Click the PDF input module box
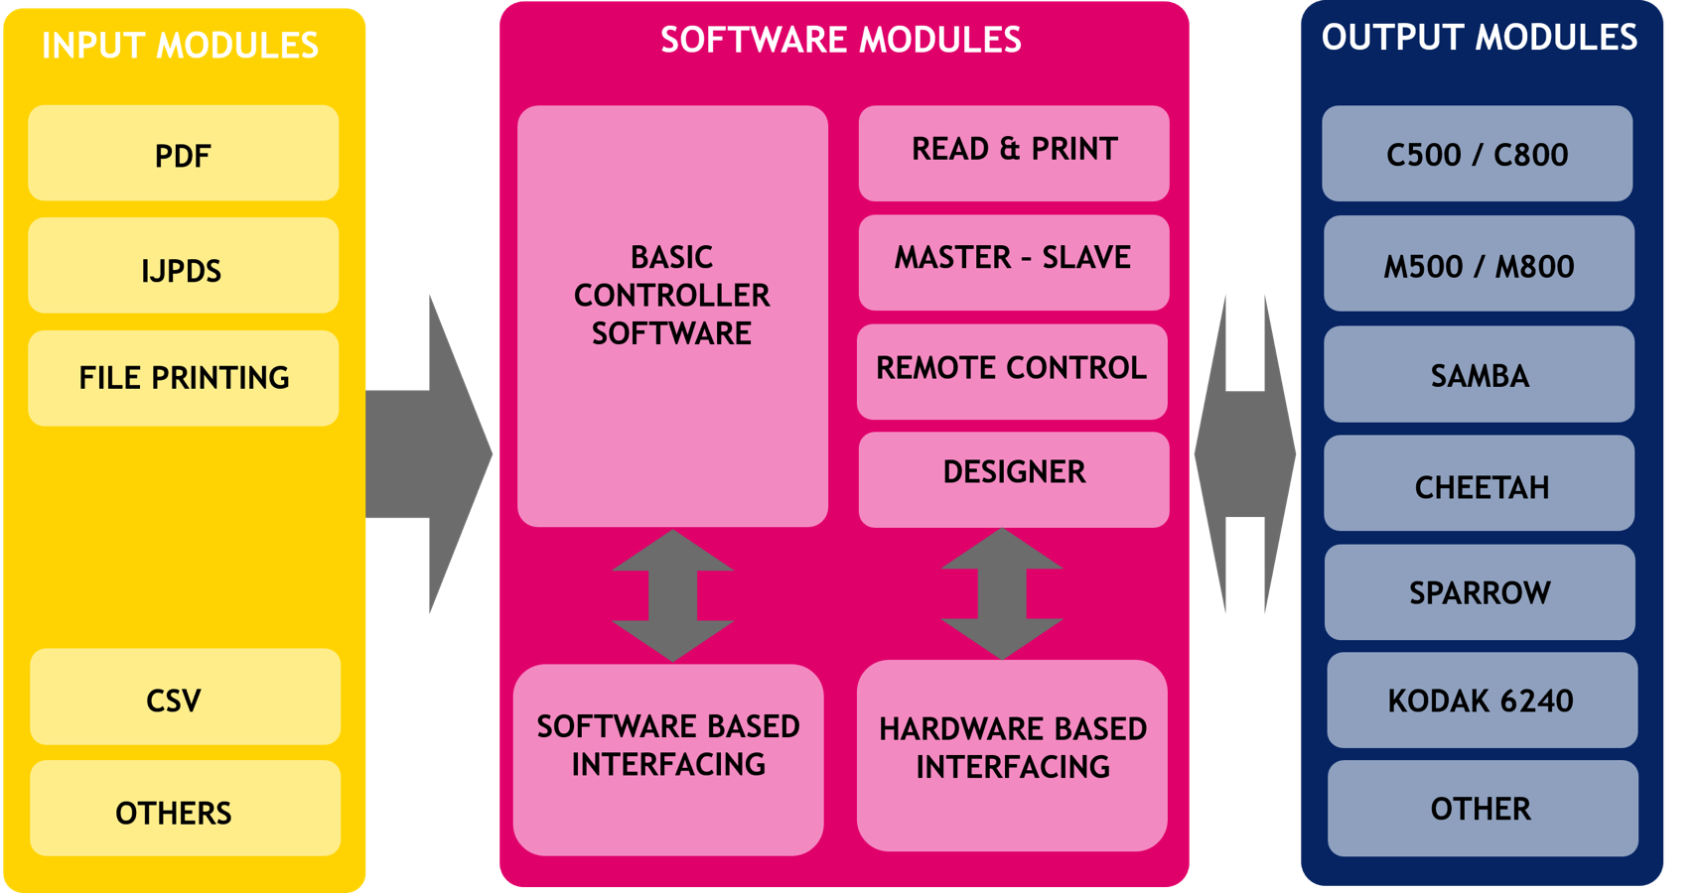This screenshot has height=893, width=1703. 184,154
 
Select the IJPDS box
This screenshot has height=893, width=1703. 184,267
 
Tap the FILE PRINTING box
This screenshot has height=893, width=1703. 184,378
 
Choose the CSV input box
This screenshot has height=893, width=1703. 185,698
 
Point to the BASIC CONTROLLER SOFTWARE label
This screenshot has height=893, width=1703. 672,296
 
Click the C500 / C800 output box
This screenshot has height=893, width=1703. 1477,154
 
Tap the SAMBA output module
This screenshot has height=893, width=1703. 1479,374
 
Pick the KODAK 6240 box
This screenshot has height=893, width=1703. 1482,700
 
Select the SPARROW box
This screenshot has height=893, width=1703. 1480,591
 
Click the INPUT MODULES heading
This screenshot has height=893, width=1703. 180,46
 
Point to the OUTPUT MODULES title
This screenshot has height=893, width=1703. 1479,38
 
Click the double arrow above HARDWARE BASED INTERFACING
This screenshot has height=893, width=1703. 1002,593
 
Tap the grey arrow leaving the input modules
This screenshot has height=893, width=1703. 427,454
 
